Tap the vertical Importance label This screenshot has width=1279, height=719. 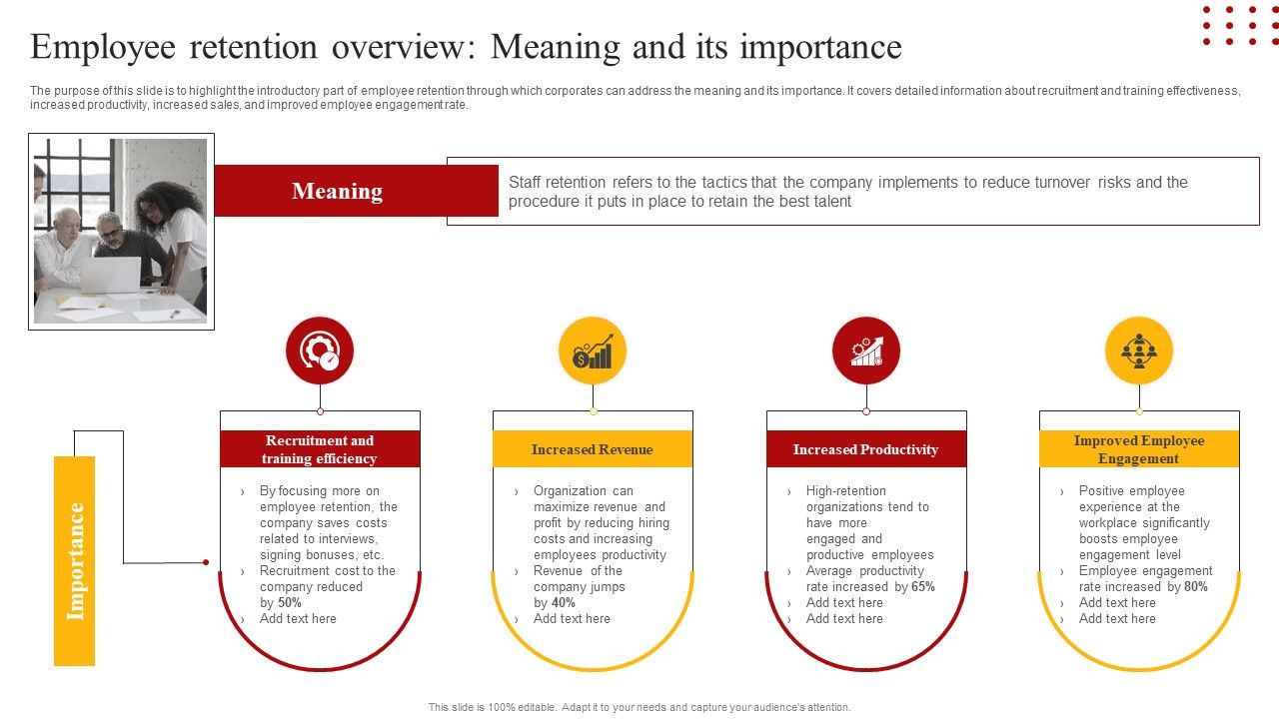click(75, 560)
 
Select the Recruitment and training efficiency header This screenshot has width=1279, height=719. click(320, 449)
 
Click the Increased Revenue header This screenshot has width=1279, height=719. click(593, 449)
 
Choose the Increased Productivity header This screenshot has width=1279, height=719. click(865, 449)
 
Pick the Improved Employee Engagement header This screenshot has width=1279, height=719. click(1139, 449)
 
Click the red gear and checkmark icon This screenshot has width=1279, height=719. click(320, 351)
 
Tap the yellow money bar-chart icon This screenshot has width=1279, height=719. click(593, 351)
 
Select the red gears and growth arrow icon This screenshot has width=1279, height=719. click(866, 351)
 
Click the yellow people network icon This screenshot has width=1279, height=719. click(1139, 351)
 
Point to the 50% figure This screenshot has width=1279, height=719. click(290, 603)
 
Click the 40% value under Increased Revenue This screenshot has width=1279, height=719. click(564, 603)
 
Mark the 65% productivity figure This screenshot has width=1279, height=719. click(923, 587)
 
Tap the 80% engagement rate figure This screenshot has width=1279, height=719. click(1196, 587)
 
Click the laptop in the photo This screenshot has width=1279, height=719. click(110, 275)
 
